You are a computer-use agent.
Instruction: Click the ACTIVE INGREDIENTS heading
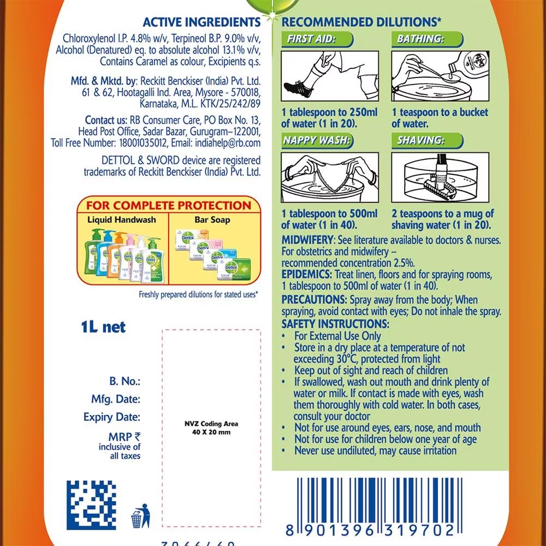pos(201,22)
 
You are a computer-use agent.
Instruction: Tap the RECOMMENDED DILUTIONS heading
pos(361,22)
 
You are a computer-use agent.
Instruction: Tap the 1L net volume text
pos(103,327)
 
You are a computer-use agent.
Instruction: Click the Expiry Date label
pos(111,417)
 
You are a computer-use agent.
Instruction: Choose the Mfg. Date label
pos(115,399)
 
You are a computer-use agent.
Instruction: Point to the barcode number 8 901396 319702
pos(370,530)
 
